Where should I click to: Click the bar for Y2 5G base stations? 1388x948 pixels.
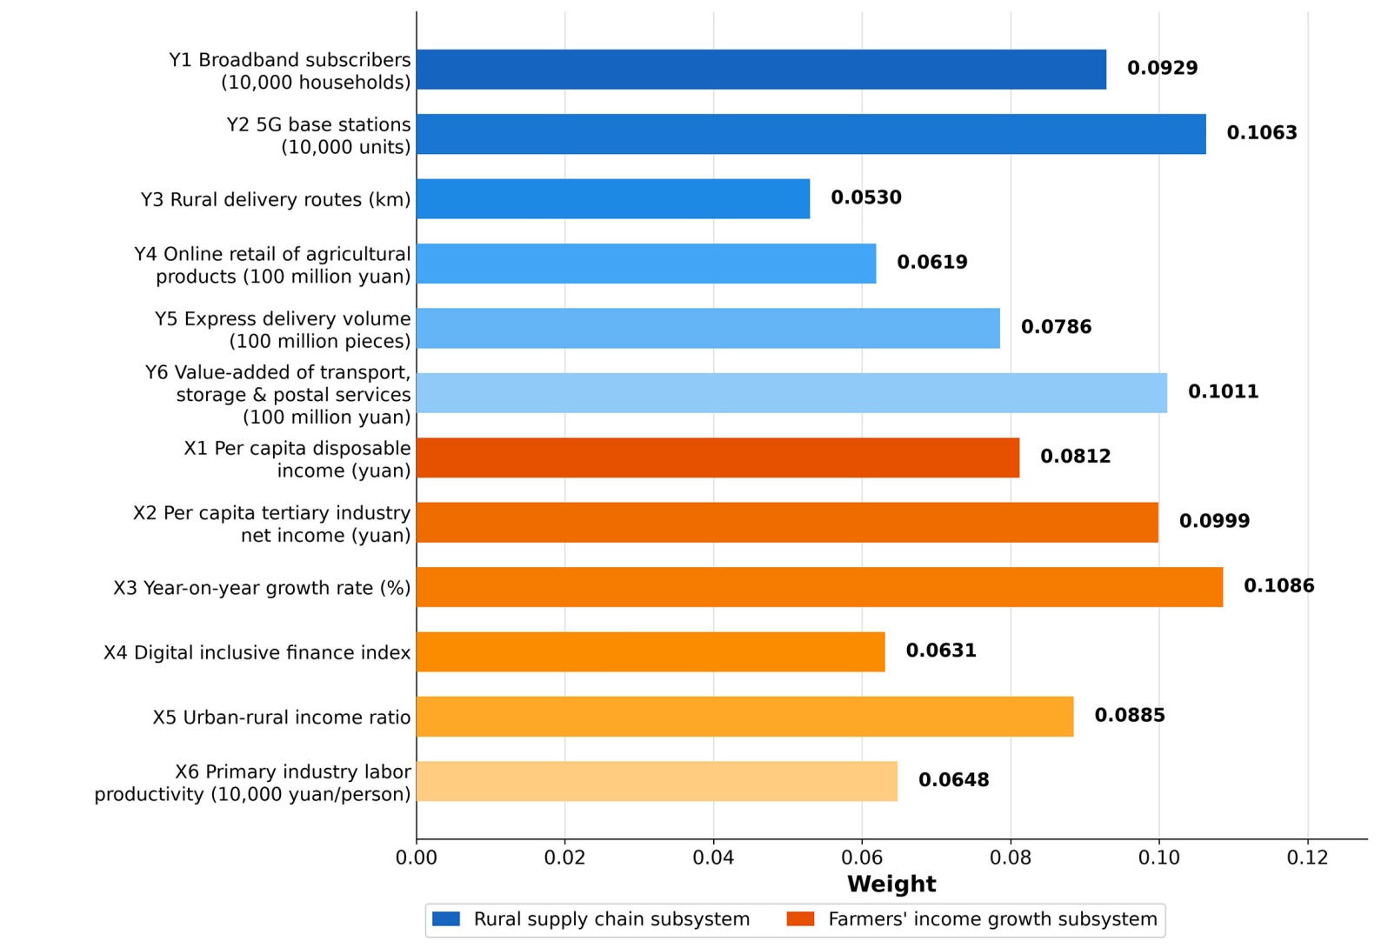click(x=811, y=134)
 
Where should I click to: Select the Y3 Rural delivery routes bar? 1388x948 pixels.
click(x=613, y=199)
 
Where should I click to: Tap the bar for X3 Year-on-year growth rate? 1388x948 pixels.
click(x=820, y=587)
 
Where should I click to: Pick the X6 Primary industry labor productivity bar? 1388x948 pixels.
click(x=657, y=781)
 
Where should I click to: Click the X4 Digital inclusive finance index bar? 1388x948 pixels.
click(x=651, y=651)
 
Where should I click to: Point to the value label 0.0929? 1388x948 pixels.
click(x=1163, y=68)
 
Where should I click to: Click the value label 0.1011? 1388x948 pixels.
click(x=1223, y=391)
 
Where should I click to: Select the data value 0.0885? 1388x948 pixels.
click(x=1130, y=715)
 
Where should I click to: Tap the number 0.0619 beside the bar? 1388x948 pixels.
click(x=932, y=262)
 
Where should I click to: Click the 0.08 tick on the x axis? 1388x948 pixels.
click(x=1011, y=858)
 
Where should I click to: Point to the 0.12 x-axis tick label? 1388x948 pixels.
click(x=1307, y=858)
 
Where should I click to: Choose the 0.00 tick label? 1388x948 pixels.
click(x=417, y=858)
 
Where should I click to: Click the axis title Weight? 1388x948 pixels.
click(x=891, y=884)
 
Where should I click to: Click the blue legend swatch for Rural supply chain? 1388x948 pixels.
click(x=446, y=918)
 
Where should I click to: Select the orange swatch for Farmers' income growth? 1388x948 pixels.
click(x=801, y=918)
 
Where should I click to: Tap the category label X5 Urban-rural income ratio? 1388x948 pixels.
click(x=282, y=717)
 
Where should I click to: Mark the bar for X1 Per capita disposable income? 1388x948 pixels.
click(x=717, y=457)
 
